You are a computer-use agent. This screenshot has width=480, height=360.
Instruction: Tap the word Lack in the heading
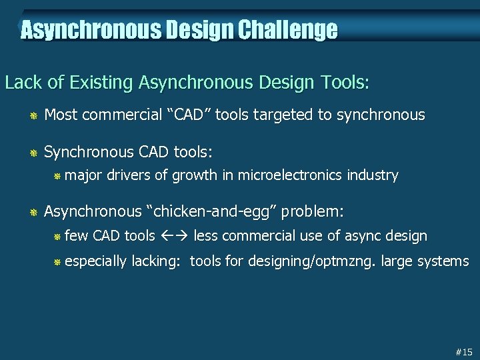tap(21, 83)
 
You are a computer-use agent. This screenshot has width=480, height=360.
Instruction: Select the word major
tap(84, 175)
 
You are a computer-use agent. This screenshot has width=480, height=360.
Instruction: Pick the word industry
tap(371, 175)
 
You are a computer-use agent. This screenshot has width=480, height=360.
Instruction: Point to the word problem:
tap(314, 212)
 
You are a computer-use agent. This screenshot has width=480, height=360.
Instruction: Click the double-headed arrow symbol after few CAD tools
tap(175, 235)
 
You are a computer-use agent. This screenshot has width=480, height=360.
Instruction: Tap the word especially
tap(96, 261)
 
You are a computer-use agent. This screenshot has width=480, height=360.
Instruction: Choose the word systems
tap(443, 261)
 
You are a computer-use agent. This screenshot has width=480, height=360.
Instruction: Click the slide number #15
tap(463, 351)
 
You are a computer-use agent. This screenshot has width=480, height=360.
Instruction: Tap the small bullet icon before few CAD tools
tap(57, 237)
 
